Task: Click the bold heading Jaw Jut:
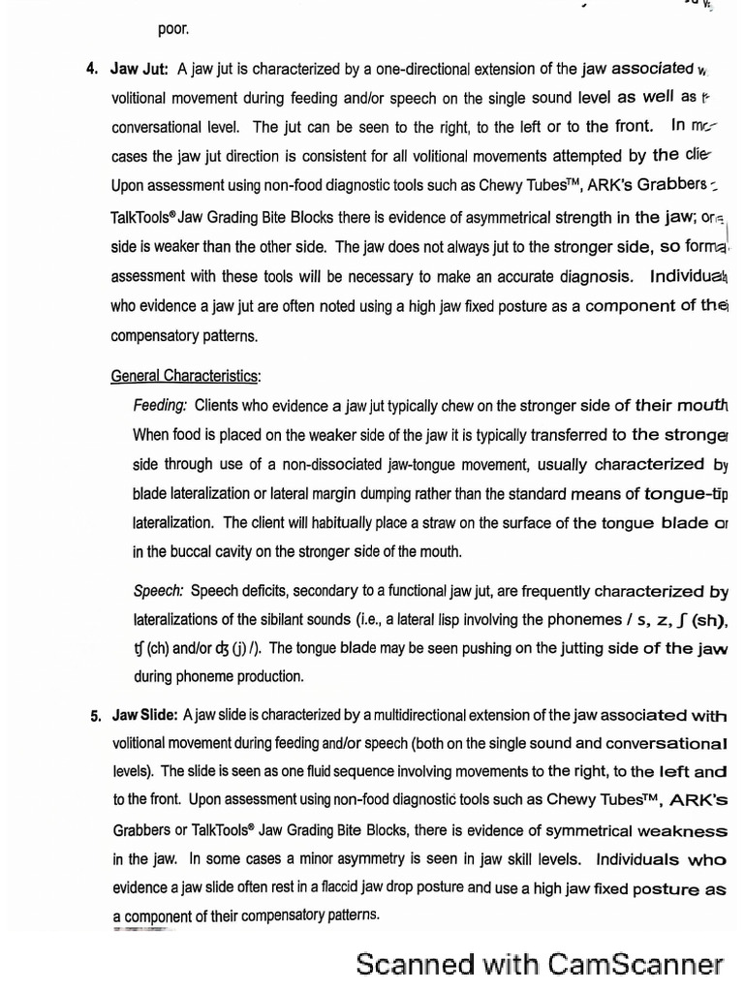pos(139,69)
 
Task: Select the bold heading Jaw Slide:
pos(144,716)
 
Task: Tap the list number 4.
pos(92,69)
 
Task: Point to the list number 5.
pos(96,717)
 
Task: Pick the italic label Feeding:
pos(160,406)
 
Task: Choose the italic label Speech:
pos(159,590)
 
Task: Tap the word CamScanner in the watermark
pos(635,964)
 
